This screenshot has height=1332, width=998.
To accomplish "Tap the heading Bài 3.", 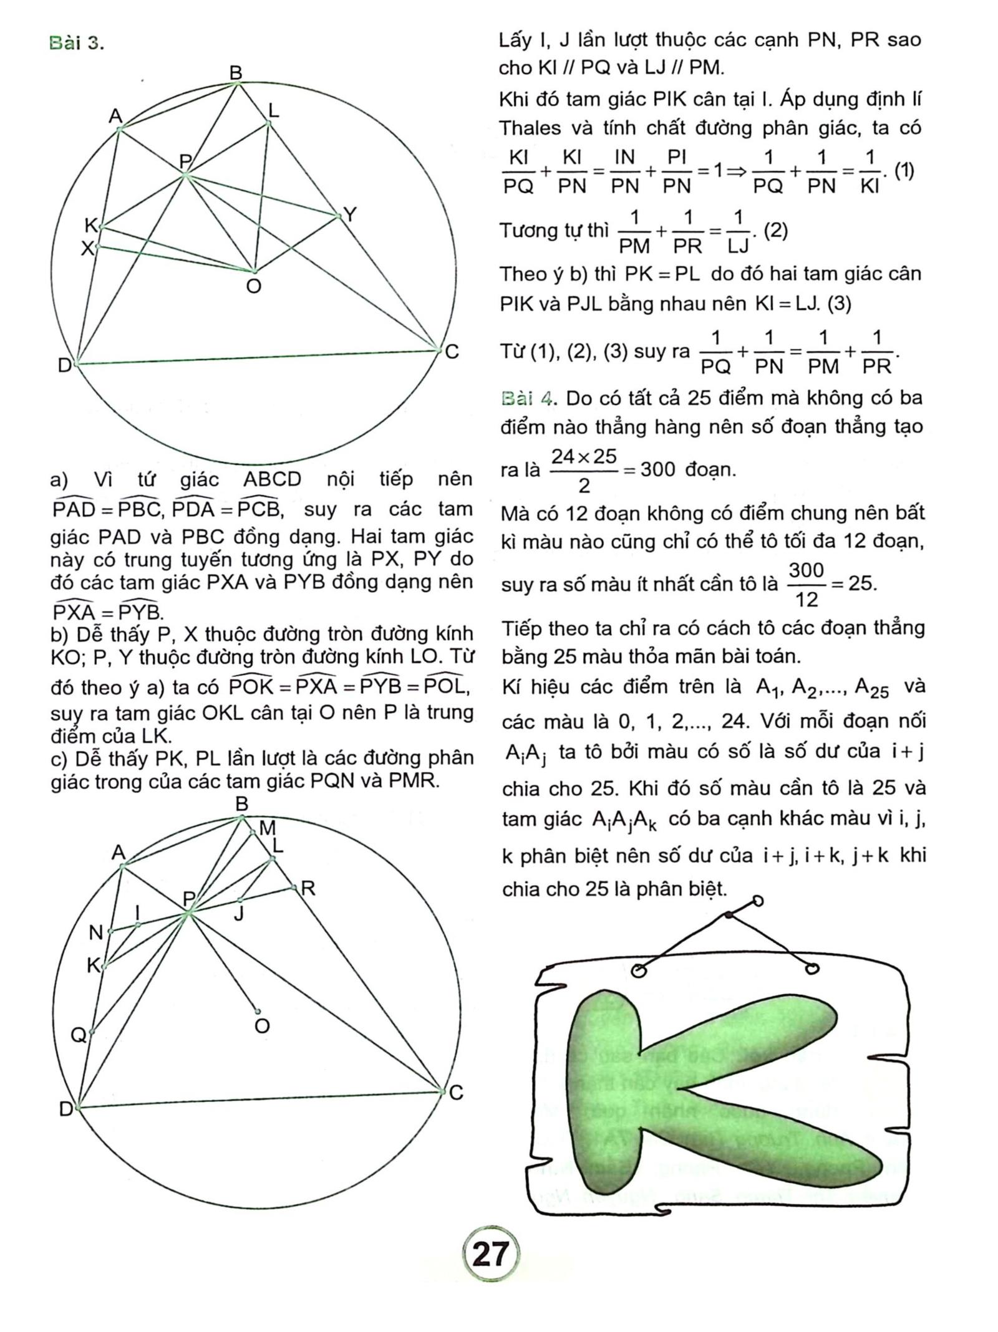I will coord(76,44).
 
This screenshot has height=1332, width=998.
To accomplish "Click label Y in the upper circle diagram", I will coord(351,216).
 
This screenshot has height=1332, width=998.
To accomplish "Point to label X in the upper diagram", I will coord(88,249).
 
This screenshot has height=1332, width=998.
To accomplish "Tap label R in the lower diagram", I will coord(307,889).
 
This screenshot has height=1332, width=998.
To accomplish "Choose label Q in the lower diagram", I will coord(79,1035).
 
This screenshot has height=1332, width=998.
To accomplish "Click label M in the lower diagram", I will coord(267,828).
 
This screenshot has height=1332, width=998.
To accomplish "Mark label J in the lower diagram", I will coord(239,914).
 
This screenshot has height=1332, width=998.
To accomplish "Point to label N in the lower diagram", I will coord(95,933).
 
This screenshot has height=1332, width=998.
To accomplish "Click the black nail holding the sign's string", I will coord(729,915).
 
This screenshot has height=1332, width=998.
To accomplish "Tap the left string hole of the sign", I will coord(638,971).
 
